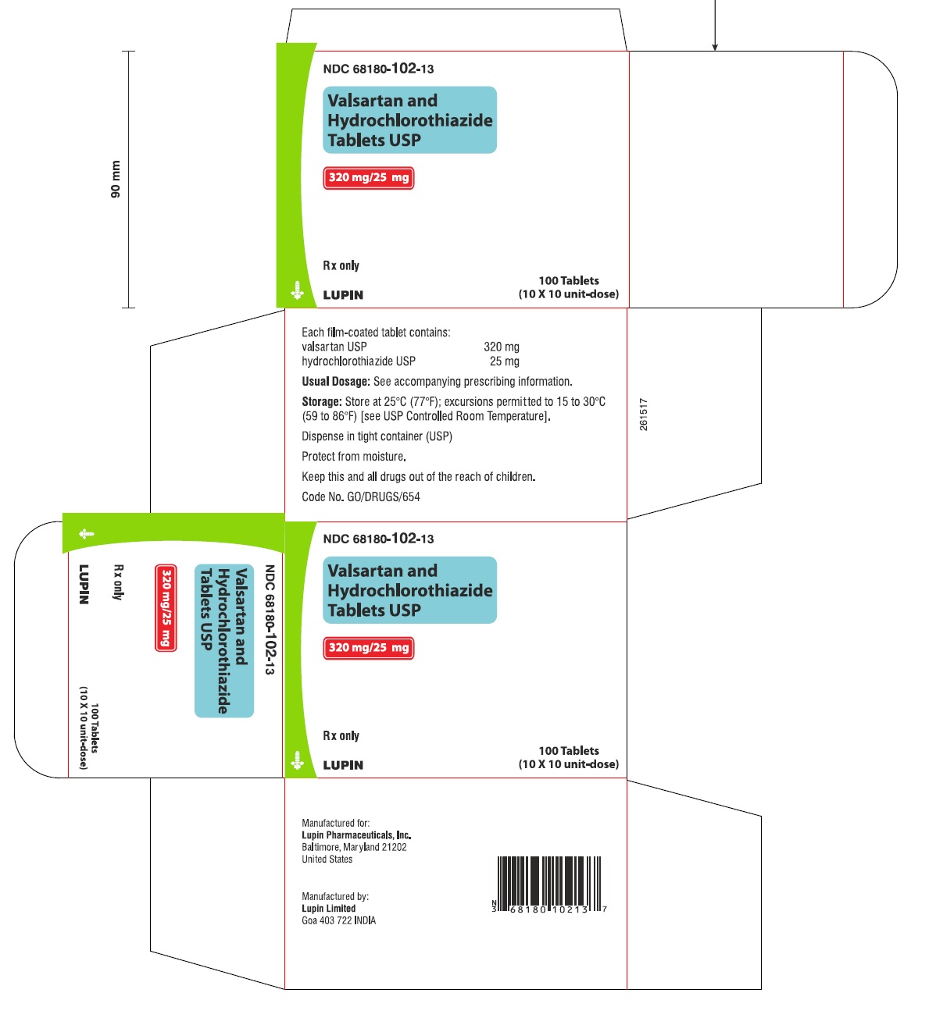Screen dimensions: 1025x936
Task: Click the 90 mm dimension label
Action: click(x=116, y=179)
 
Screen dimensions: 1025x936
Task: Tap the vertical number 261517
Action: click(x=644, y=415)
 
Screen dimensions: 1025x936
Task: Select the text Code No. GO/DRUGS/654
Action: click(x=360, y=496)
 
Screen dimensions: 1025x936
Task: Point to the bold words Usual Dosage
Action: click(x=335, y=382)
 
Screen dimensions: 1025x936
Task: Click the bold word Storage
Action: click(x=321, y=402)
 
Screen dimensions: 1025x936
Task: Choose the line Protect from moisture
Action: click(x=353, y=457)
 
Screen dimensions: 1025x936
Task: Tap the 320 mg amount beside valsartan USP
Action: click(x=501, y=347)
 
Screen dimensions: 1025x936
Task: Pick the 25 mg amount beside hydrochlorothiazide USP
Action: click(x=504, y=361)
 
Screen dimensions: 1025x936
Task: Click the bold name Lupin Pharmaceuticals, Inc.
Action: click(x=356, y=835)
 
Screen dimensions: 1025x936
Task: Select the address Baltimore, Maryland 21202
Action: click(x=354, y=847)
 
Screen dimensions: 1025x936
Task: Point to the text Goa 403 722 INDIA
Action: click(x=338, y=920)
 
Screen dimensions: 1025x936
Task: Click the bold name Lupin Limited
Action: click(x=328, y=909)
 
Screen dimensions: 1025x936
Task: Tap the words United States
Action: click(x=327, y=860)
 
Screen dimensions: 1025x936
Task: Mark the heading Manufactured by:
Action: click(x=335, y=896)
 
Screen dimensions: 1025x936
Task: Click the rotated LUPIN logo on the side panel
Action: click(x=84, y=584)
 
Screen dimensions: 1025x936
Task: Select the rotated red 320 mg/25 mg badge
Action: click(x=166, y=607)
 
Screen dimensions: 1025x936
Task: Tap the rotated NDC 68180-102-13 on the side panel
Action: click(x=270, y=620)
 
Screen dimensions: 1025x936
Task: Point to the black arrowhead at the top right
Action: click(x=714, y=47)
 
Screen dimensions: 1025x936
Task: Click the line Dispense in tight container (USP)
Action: click(x=377, y=436)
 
